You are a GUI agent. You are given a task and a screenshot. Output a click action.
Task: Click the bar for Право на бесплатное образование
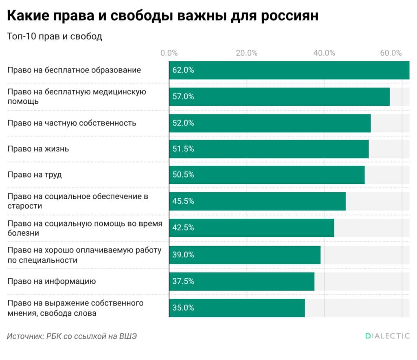(289, 70)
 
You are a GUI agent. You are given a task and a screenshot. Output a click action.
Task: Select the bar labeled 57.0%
(279, 97)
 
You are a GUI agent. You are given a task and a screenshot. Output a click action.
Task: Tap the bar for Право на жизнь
(269, 149)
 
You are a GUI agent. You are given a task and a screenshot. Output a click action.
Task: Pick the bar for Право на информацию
(241, 281)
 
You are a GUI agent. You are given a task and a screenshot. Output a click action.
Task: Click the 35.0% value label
(183, 308)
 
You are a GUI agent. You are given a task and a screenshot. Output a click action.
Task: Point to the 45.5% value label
(183, 201)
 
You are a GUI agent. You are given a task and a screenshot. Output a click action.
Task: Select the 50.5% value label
(183, 175)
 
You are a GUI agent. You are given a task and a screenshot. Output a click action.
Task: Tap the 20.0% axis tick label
(246, 53)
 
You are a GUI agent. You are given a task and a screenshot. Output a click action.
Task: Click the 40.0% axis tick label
(324, 53)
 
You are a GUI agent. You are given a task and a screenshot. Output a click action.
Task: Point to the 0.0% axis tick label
(169, 53)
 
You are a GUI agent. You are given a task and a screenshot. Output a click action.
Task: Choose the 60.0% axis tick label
(391, 53)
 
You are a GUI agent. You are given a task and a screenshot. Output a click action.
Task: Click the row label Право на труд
(35, 175)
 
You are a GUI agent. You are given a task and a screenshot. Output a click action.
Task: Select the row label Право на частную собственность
(72, 123)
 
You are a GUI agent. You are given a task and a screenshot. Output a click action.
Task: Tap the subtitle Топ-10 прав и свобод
(55, 36)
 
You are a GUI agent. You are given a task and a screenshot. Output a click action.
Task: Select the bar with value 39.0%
(245, 255)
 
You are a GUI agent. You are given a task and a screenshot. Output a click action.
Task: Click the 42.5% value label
(183, 228)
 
